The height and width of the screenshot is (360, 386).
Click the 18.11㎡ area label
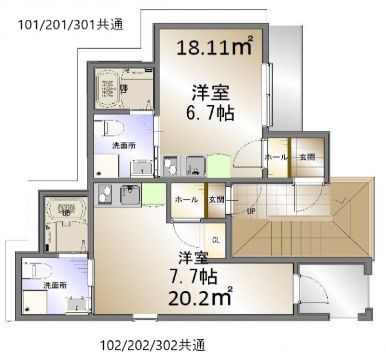click(x=215, y=47)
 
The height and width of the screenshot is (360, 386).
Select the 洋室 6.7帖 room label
click(x=211, y=103)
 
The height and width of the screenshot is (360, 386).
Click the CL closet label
click(x=216, y=240)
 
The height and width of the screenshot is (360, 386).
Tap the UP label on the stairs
click(x=251, y=211)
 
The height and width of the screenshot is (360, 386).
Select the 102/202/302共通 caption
click(x=153, y=345)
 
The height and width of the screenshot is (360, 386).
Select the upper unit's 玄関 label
click(x=306, y=157)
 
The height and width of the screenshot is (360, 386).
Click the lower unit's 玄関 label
click(x=216, y=200)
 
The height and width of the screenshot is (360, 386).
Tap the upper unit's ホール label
click(x=276, y=157)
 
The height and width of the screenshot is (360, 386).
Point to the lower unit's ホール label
click(x=186, y=200)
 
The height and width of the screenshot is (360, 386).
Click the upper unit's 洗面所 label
click(x=124, y=145)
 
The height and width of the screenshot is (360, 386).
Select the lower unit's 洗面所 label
click(x=54, y=285)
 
